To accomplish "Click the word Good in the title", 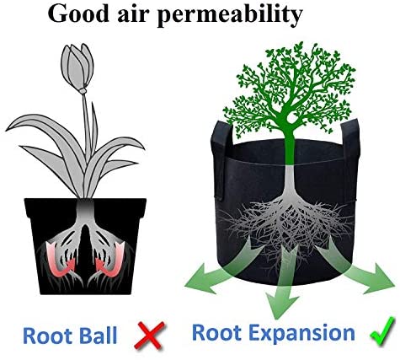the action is coord(78,13).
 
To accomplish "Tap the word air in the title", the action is coord(132,14).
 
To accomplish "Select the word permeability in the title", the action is coord(229,15).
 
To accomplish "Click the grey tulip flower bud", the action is coord(77,67).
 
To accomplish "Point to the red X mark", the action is coord(149,336).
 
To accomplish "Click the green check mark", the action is coord(382,331).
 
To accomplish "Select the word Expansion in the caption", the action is coord(302,334).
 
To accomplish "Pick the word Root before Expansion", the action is coord(217,332).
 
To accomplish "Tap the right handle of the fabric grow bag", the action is coord(350,158).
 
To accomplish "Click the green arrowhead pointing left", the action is coord(200,280).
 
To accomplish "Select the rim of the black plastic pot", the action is coord(85,207).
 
